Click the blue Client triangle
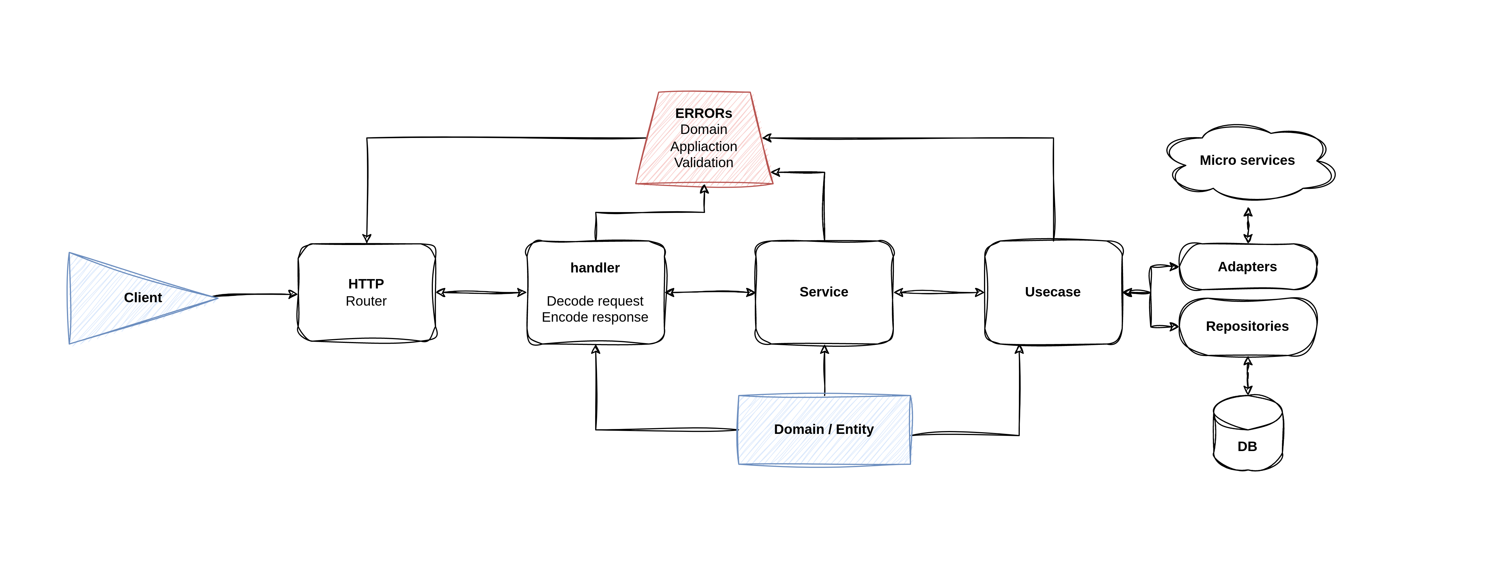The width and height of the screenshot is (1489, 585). [x=127, y=298]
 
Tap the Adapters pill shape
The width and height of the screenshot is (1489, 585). [x=1248, y=266]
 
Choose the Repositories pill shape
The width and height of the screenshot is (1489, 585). [x=1248, y=327]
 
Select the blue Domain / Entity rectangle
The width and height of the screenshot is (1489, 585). [x=824, y=430]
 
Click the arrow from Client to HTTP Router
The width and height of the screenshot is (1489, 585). [x=254, y=295]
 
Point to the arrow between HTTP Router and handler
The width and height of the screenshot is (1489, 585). [x=481, y=292]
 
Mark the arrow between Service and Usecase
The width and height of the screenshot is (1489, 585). [x=939, y=292]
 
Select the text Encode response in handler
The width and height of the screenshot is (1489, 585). [x=595, y=317]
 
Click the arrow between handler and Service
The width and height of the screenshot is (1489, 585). [x=710, y=292]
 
